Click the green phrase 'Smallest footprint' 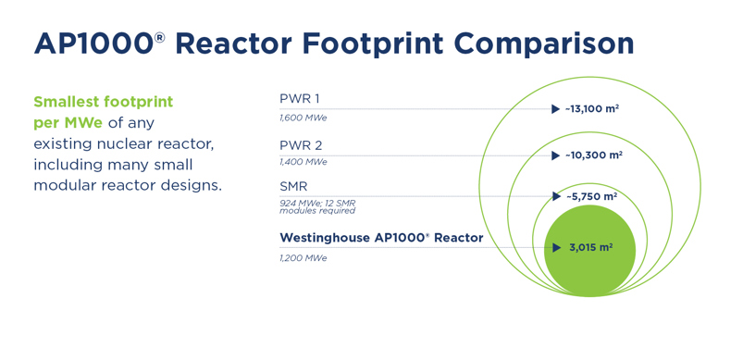click(x=103, y=101)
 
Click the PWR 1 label click(x=300, y=99)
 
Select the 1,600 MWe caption click(x=303, y=118)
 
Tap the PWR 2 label click(x=301, y=145)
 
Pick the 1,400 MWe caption click(x=303, y=162)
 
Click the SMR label click(x=293, y=186)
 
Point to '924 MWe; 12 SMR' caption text click(x=317, y=203)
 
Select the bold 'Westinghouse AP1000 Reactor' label click(x=381, y=238)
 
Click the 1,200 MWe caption click(x=303, y=258)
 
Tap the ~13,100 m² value click(x=592, y=109)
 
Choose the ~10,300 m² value click(x=593, y=155)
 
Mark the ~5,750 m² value click(x=591, y=196)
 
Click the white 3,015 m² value click(x=591, y=248)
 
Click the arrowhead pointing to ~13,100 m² click(x=555, y=109)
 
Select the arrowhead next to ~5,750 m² click(x=556, y=196)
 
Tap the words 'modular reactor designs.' click(x=128, y=185)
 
